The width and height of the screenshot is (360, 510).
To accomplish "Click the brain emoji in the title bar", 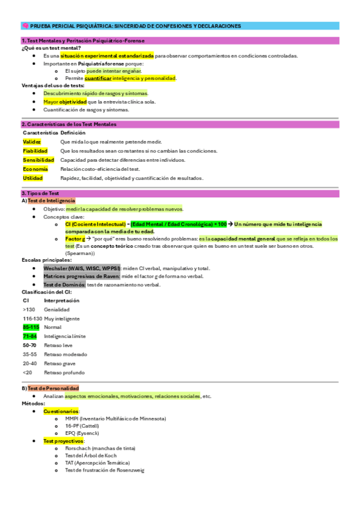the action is pyautogui.click(x=25, y=26).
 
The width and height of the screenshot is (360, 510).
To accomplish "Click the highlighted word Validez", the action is pyautogui.click(x=32, y=141).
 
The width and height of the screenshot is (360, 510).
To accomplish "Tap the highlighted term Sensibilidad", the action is pyautogui.click(x=38, y=160).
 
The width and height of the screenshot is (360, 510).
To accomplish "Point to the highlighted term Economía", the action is pyautogui.click(x=35, y=169).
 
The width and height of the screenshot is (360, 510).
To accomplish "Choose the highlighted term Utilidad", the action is pyautogui.click(x=32, y=178).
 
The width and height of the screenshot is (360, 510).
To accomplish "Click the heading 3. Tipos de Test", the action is pyautogui.click(x=40, y=193).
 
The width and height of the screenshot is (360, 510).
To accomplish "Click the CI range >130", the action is pyautogui.click(x=29, y=309).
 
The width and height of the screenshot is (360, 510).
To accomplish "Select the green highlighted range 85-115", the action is pyautogui.click(x=31, y=327).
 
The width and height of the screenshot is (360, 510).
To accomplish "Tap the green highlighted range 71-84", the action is pyautogui.click(x=30, y=336).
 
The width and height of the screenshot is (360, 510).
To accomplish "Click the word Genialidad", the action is pyautogui.click(x=57, y=309).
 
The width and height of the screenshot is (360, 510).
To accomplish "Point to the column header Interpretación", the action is pyautogui.click(x=61, y=300).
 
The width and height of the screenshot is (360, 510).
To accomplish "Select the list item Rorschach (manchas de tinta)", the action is pyautogui.click(x=100, y=448).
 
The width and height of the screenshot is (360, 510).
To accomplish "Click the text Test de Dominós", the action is pyautogui.click(x=64, y=284).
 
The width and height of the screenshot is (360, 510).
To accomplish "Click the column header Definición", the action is pyautogui.click(x=73, y=132).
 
